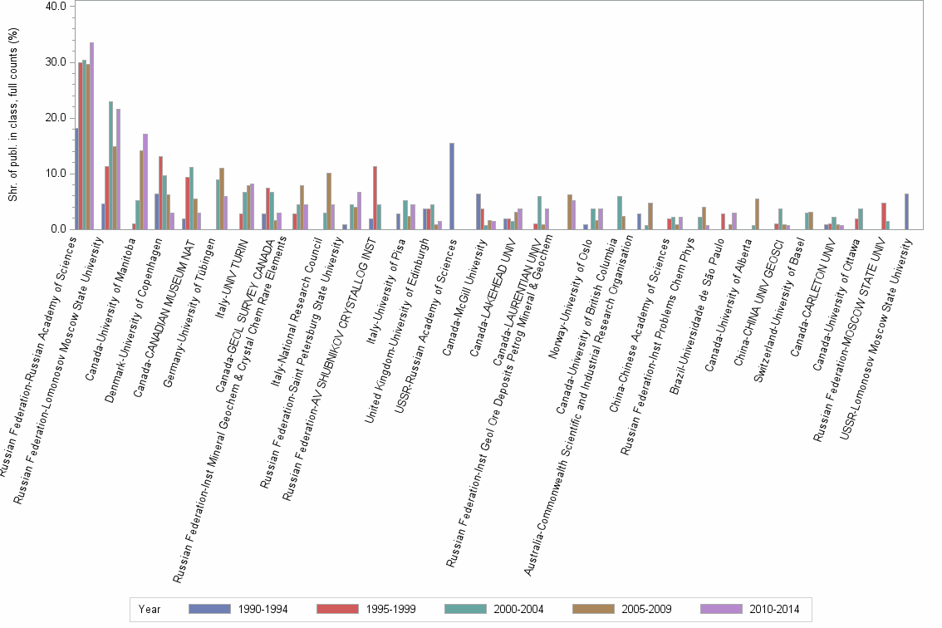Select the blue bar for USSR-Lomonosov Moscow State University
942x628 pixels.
coord(907,211)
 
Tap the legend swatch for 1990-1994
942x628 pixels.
coord(210,609)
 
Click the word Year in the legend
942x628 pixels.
coord(150,609)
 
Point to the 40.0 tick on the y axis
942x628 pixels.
coord(55,7)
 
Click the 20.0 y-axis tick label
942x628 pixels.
coord(55,118)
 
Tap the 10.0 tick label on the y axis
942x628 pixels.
coord(55,174)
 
